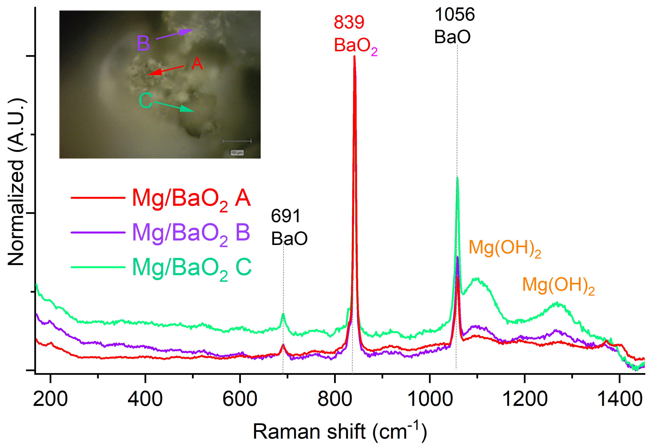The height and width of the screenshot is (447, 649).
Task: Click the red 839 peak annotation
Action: click(x=349, y=22)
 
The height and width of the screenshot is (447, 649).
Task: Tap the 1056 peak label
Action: click(x=454, y=14)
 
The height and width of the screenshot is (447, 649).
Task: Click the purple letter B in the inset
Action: click(x=143, y=43)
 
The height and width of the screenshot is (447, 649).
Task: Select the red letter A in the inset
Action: click(x=197, y=64)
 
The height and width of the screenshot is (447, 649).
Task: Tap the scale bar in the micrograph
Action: click(x=237, y=141)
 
